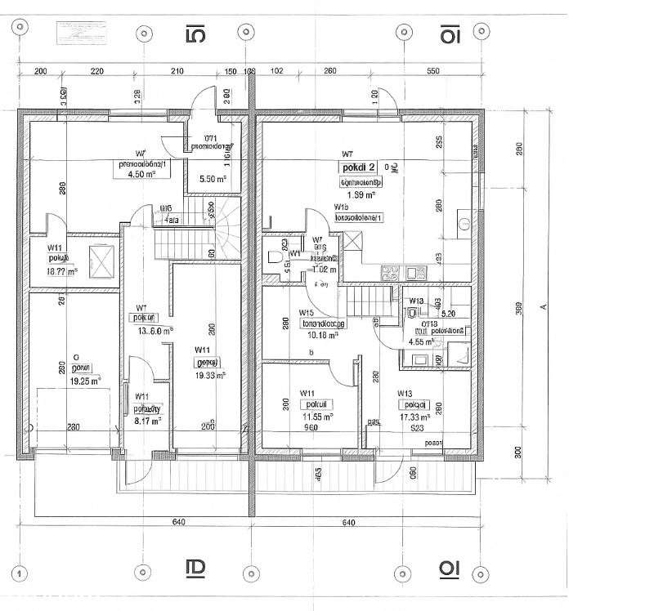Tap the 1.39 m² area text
pos(360,195)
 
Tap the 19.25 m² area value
pos(85,381)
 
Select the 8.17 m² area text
pos(148,421)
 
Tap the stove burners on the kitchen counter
pos(388,274)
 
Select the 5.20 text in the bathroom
pos(448,313)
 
